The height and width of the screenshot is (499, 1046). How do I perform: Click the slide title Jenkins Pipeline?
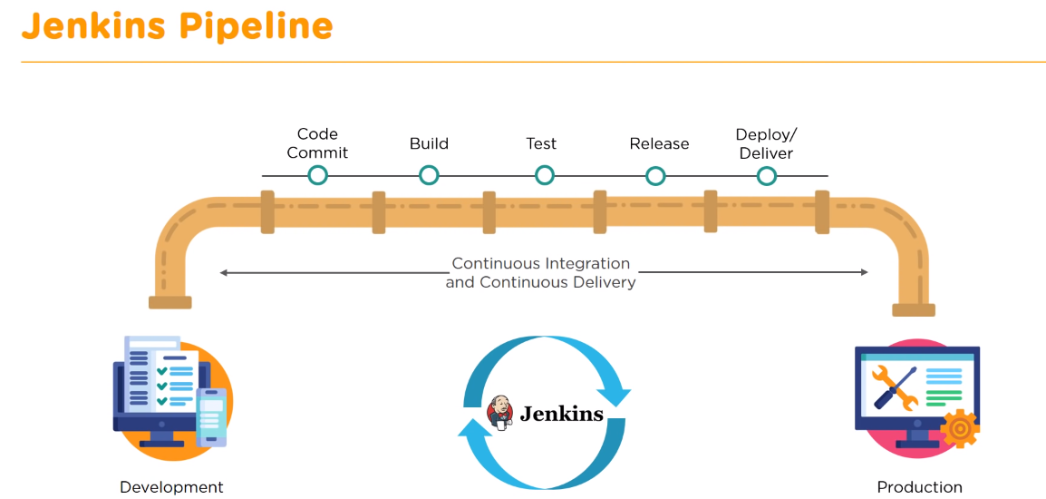coord(177,26)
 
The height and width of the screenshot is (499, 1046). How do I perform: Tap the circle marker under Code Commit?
coord(317,175)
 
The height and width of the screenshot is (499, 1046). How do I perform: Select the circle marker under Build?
coord(429,175)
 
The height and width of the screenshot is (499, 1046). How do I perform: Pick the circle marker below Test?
coord(544,175)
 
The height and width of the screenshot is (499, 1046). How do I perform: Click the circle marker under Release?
coord(655,175)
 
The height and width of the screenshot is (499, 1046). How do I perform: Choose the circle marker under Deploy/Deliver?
coord(767,175)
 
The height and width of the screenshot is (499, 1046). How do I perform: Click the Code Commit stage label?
coord(317,143)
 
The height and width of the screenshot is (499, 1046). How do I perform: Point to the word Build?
coord(429,143)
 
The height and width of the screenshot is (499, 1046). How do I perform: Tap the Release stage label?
coord(659,143)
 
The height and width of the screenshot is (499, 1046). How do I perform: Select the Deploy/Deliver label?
coord(766,143)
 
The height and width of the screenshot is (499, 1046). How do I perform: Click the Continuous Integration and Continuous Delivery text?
coord(541,272)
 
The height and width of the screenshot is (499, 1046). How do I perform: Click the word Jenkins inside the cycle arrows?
coord(561,414)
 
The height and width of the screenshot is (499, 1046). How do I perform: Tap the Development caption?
coord(171,487)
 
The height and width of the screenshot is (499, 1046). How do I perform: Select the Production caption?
coord(919,487)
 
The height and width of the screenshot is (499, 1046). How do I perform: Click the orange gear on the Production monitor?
coord(959,428)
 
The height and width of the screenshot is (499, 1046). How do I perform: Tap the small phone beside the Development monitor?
coord(212,416)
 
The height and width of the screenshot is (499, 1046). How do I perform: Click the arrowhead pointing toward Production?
coord(863,272)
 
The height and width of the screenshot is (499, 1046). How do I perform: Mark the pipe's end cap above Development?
coord(169,302)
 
